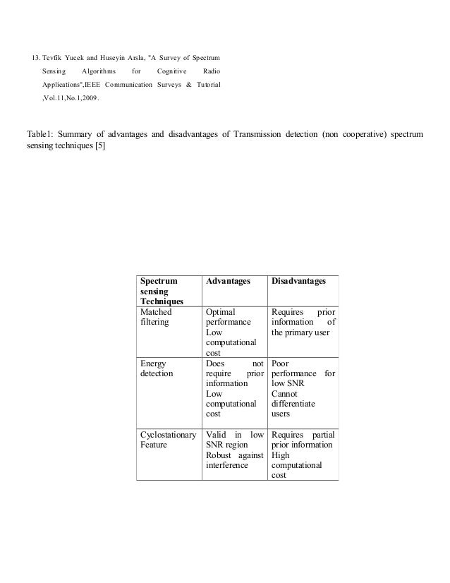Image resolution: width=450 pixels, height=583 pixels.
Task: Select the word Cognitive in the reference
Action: click(173, 71)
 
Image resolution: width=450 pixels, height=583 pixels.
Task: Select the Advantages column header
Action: click(228, 282)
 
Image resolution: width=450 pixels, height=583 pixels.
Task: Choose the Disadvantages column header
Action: click(298, 282)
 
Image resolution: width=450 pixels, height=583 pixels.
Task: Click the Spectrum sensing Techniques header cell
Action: click(159, 291)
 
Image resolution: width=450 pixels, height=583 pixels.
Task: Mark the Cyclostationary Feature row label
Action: click(168, 440)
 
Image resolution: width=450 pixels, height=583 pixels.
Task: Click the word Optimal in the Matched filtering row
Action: click(219, 311)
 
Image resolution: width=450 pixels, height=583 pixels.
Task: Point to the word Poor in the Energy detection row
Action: click(280, 363)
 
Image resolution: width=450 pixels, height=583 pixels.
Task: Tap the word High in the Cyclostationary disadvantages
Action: click(281, 455)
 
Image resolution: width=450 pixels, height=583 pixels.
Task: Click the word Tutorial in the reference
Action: click(205, 85)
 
